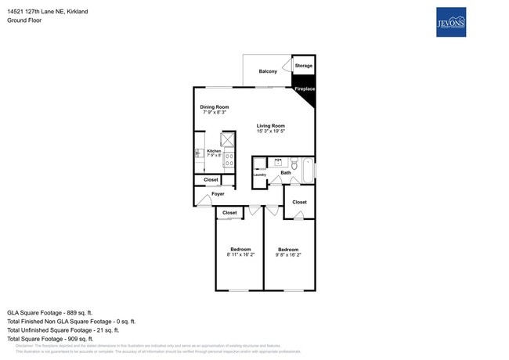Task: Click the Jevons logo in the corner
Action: [450, 22]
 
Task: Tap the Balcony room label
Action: [268, 71]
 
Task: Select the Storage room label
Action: [304, 66]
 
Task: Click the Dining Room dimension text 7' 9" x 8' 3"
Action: [214, 113]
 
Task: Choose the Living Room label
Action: [270, 125]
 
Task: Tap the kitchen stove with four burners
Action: [229, 160]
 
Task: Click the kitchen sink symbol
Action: [199, 154]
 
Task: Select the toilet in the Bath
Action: [294, 164]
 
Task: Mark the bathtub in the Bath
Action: [307, 170]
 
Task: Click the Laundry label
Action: [260, 175]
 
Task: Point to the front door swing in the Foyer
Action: [204, 201]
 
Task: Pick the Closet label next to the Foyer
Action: [211, 180]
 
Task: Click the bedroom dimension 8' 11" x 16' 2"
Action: [240, 254]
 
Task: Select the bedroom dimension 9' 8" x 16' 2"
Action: [287, 254]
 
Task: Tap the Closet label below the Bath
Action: [299, 202]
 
